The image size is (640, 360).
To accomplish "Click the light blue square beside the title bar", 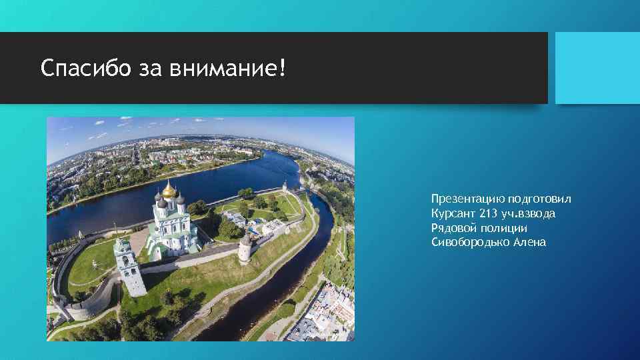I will click(597, 68).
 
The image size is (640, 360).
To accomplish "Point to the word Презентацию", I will click(467, 199).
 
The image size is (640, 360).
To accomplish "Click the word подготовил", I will click(539, 199).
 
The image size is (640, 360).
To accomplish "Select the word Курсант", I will click(452, 213).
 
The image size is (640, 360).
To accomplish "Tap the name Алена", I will click(529, 243).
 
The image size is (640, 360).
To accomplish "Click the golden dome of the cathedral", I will click(169, 191).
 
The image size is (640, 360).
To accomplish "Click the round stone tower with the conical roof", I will click(246, 248).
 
